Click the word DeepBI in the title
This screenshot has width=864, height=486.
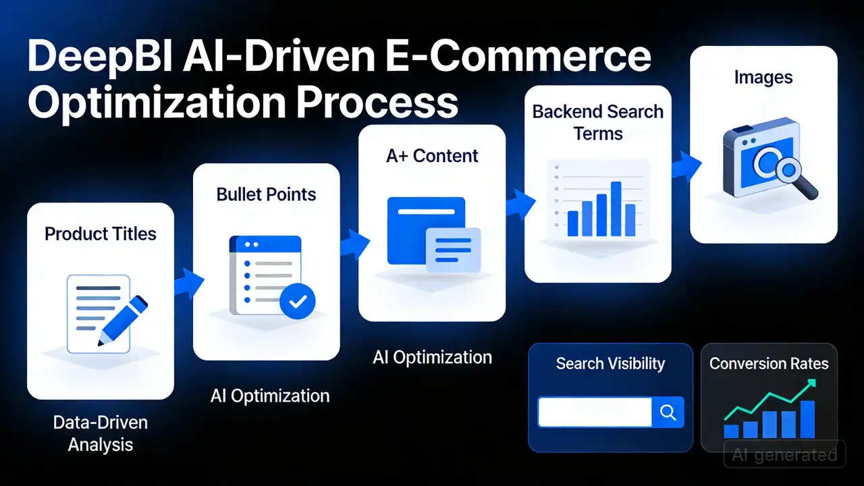tap(100, 57)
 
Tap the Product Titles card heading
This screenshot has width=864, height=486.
tap(101, 234)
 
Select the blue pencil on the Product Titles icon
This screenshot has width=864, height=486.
tap(123, 320)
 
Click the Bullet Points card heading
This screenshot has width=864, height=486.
tap(266, 194)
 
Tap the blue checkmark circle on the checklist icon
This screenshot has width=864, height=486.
tap(298, 301)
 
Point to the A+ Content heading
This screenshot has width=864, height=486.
tap(432, 156)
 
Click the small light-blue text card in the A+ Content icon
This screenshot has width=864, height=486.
tap(453, 250)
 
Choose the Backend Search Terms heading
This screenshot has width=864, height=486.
tap(598, 123)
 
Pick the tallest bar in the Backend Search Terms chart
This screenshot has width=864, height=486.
tap(616, 209)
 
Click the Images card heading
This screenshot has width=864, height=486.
tap(763, 78)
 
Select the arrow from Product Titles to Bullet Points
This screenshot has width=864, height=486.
tap(189, 283)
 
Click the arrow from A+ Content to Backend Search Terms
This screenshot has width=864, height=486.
tap(521, 205)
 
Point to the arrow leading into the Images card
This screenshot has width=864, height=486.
tap(686, 166)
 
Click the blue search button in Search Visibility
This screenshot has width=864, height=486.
tap(668, 412)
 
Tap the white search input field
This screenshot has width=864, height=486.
tap(595, 412)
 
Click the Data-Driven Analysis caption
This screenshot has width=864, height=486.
tap(101, 433)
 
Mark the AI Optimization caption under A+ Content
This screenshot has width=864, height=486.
tap(433, 358)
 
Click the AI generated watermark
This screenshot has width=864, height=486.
tap(784, 455)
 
